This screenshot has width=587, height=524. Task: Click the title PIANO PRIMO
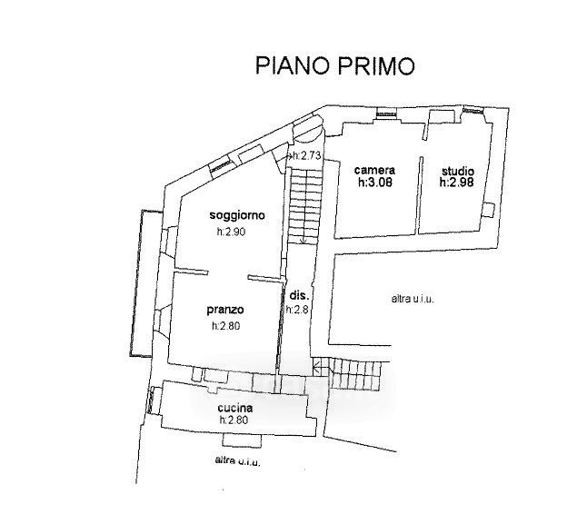pos(335,65)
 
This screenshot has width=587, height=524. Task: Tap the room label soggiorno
pos(237,215)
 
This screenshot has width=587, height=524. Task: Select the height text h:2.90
pos(231,232)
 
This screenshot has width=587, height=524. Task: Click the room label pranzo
pos(225,310)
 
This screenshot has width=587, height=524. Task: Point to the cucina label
pos(235,408)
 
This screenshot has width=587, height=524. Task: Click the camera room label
pos(374,170)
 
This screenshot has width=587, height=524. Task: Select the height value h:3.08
pos(375,183)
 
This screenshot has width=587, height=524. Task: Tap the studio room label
pos(458,172)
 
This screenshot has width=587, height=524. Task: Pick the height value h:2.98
pos(457,183)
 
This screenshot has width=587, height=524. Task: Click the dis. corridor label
pos(300,295)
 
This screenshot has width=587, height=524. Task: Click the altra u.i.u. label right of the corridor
pos(413,299)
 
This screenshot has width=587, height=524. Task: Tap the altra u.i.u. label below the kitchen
pos(237,460)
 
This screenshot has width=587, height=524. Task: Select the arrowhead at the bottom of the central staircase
pos(303,242)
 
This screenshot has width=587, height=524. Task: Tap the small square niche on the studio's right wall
pos(488,210)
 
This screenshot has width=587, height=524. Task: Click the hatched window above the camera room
pos(386,114)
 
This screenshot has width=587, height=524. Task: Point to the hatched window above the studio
pos(473,110)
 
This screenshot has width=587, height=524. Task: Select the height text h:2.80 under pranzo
pos(225,326)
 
